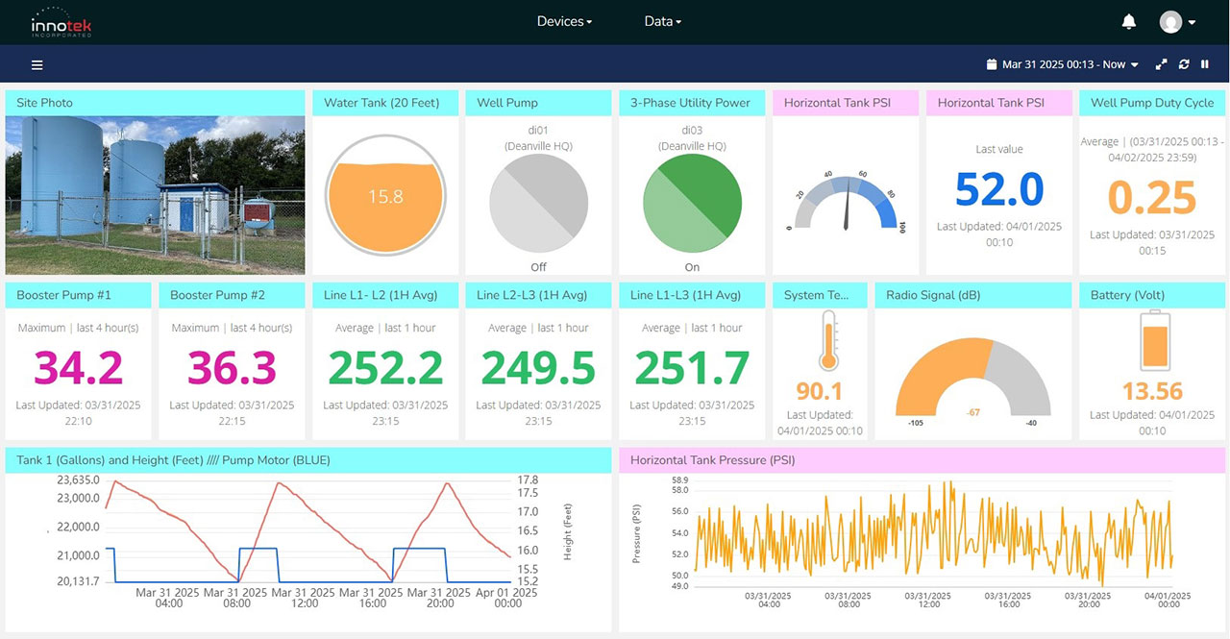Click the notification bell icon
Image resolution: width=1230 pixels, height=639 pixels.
(1129, 21)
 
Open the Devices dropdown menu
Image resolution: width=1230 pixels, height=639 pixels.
(564, 21)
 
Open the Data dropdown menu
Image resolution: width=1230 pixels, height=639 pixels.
(662, 21)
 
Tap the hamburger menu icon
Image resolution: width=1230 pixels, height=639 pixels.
(37, 64)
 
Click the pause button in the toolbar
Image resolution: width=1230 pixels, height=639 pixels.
(1205, 64)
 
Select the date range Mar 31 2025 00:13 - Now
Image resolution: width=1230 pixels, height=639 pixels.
(1063, 64)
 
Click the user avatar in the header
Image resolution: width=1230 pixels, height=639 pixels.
(1170, 21)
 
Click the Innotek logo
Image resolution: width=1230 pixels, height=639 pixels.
(61, 21)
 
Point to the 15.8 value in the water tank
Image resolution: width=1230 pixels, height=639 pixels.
(384, 197)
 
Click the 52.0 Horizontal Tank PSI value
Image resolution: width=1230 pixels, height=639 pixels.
(999, 189)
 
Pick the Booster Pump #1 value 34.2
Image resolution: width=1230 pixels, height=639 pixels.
(79, 368)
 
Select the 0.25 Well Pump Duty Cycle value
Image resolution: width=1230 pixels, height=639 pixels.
(1152, 198)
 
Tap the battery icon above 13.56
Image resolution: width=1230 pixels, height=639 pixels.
(1153, 340)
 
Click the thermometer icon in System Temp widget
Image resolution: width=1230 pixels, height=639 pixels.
(827, 341)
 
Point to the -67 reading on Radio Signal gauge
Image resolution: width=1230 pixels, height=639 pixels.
(972, 412)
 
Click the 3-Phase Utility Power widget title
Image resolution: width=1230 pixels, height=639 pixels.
(690, 103)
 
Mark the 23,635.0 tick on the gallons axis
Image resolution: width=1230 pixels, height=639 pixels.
(79, 479)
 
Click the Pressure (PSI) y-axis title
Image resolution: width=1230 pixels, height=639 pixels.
(636, 532)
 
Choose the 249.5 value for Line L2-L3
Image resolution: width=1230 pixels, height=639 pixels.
(538, 368)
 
